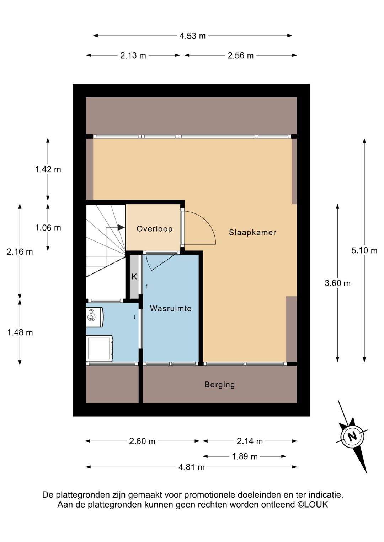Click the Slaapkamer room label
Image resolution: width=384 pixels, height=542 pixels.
252,233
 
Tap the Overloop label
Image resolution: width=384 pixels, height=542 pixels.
154,229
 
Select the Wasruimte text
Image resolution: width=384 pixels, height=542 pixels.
171,308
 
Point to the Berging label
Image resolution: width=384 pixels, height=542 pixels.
219,385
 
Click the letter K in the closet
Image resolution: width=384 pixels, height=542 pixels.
134,277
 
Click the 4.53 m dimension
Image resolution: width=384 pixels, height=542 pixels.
192,36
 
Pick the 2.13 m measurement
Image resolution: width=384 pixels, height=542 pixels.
133,56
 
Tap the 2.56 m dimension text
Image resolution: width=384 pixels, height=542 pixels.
241,56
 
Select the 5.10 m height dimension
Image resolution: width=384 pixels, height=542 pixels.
364,250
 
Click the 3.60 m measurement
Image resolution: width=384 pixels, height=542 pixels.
337,283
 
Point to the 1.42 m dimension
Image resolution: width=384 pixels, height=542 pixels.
48,169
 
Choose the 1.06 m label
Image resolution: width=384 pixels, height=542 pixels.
48,228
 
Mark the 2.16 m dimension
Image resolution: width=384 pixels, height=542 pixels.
20,252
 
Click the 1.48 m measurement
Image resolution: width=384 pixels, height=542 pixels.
20,333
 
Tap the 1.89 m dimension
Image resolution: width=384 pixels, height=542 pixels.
245,456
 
